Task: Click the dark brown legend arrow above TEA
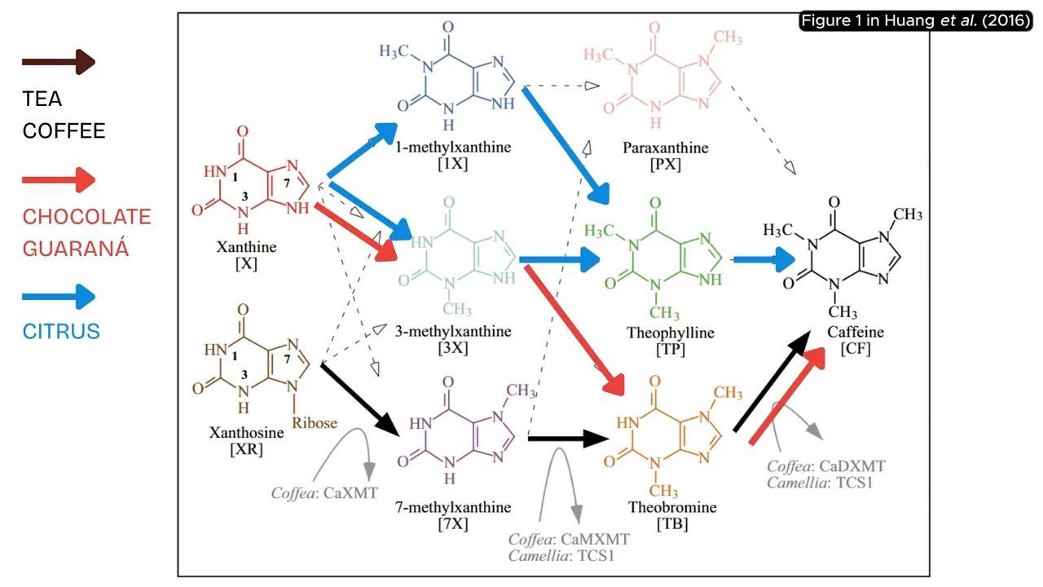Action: pyautogui.click(x=59, y=62)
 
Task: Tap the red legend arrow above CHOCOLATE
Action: pyautogui.click(x=59, y=179)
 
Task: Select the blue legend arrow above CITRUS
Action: pyautogui.click(x=59, y=297)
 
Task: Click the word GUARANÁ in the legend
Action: pyautogui.click(x=75, y=249)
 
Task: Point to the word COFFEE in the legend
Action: pyautogui.click(x=64, y=131)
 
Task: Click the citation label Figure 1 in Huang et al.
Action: pyautogui.click(x=916, y=21)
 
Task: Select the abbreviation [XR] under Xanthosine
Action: pyautogui.click(x=245, y=448)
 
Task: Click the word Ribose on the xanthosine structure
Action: pyautogui.click(x=315, y=423)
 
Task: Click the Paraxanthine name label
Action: pyautogui.click(x=654, y=148)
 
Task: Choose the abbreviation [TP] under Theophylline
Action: pyautogui.click(x=671, y=350)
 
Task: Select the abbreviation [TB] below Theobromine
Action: pyautogui.click(x=672, y=524)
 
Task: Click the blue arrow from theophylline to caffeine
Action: pyautogui.click(x=763, y=260)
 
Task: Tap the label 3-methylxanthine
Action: pyautogui.click(x=453, y=332)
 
